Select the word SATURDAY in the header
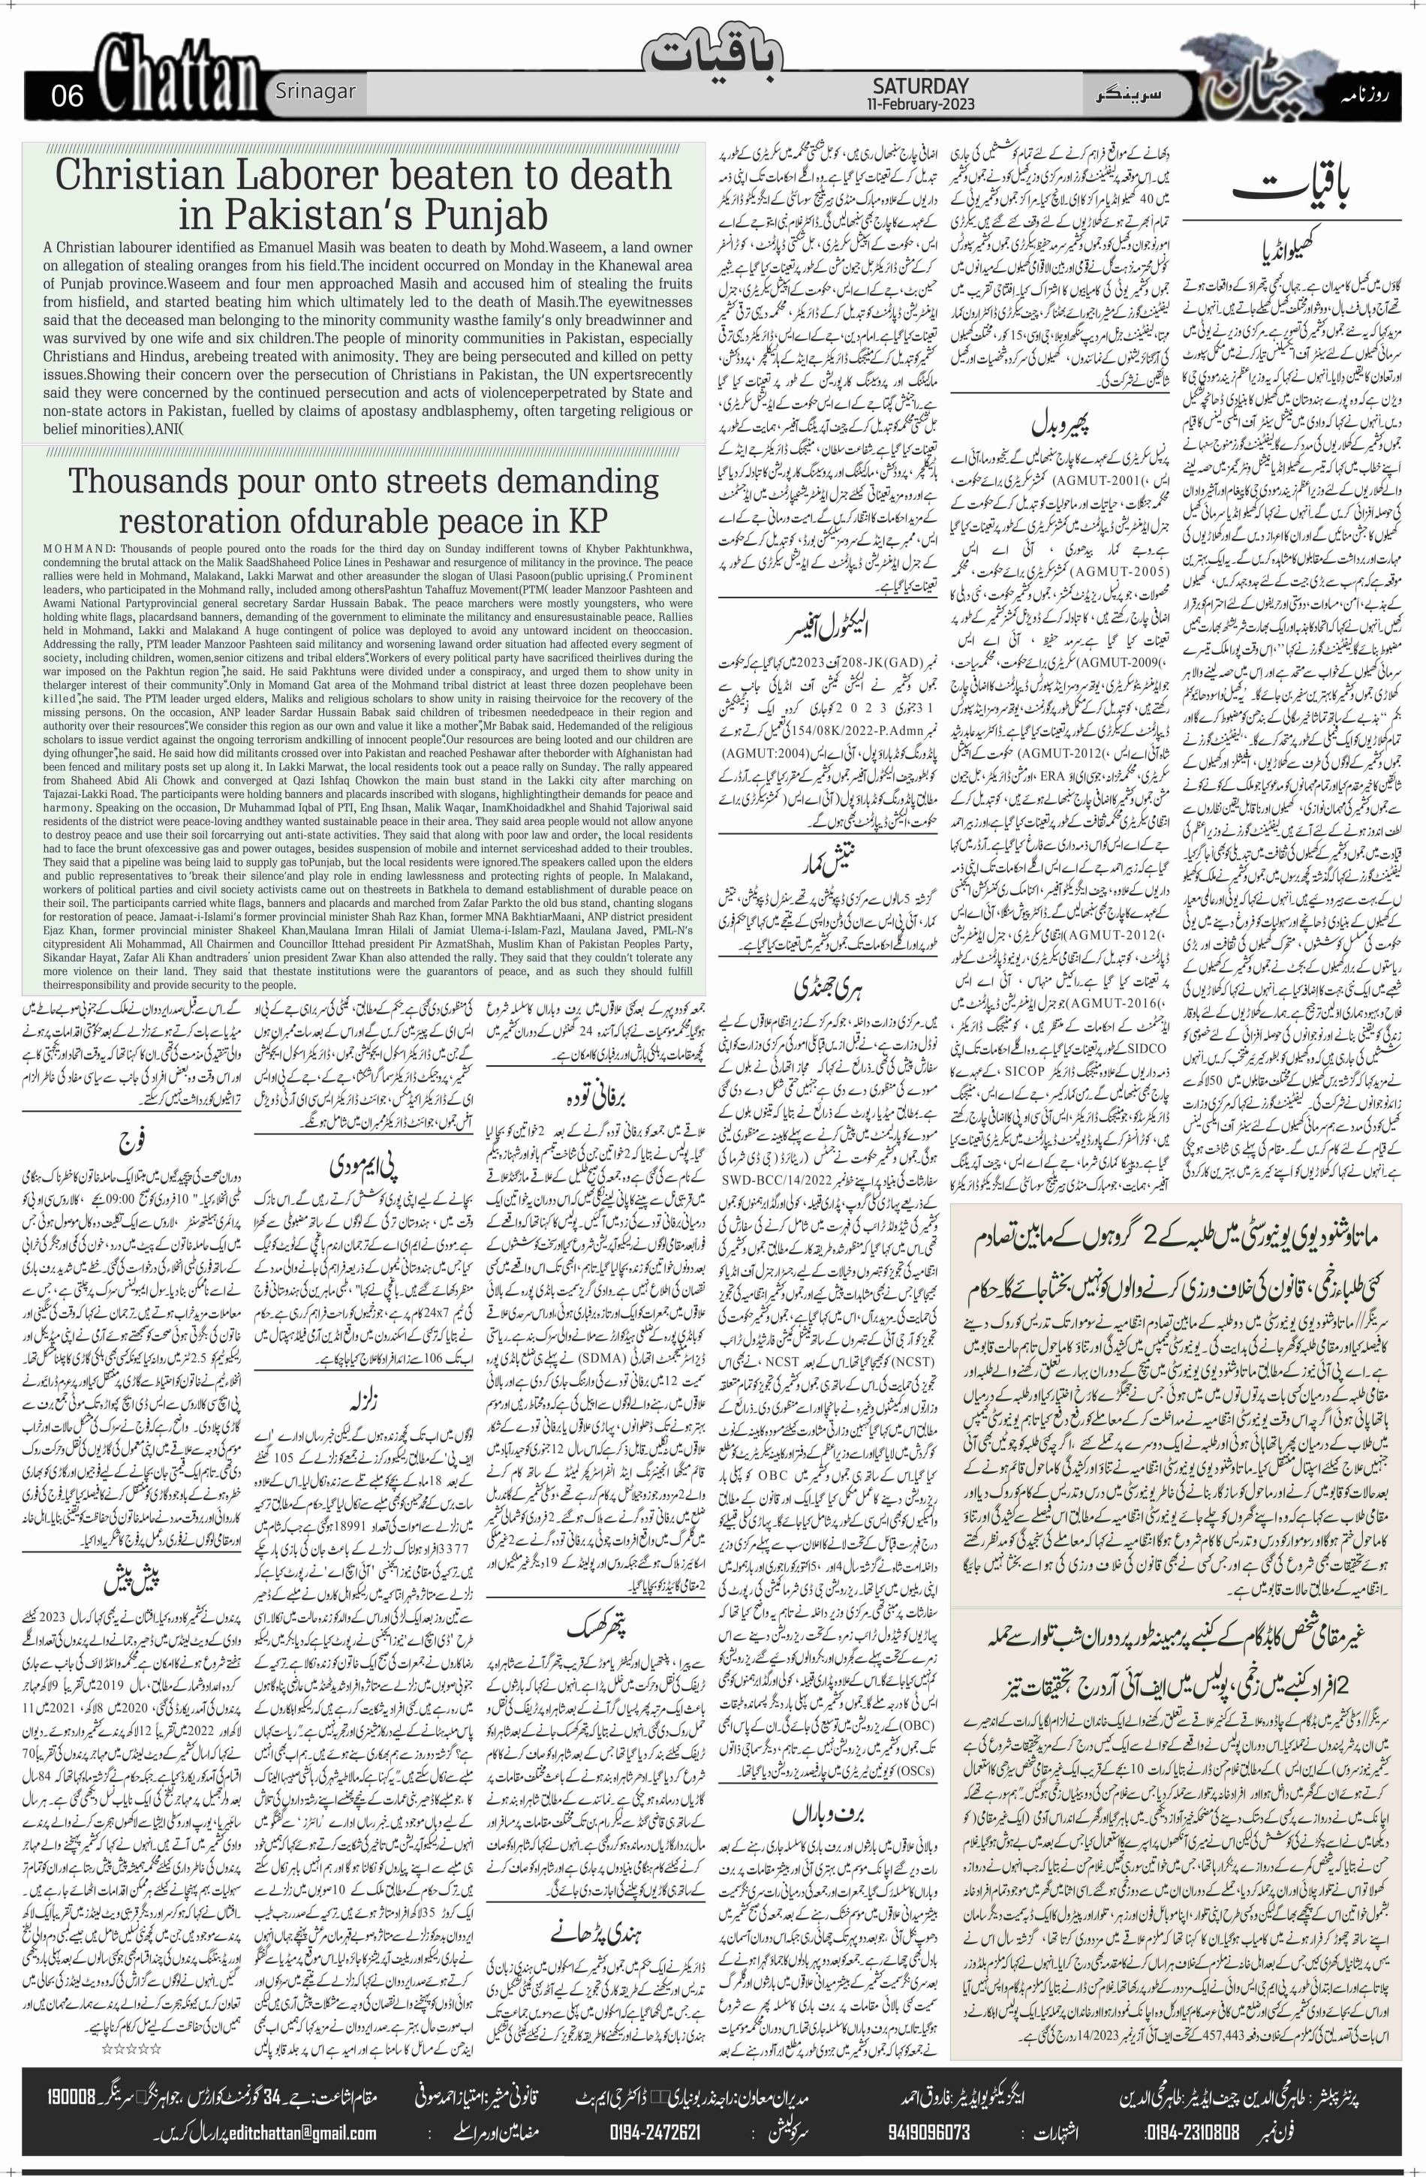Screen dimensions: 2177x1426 [x=919, y=85]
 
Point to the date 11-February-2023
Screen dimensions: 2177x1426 [x=921, y=104]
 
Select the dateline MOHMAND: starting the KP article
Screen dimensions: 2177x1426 [x=78, y=546]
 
